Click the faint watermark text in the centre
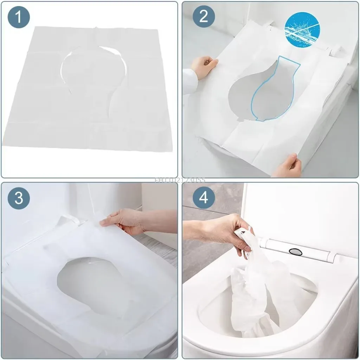point(180,180)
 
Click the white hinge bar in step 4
point(302,250)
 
